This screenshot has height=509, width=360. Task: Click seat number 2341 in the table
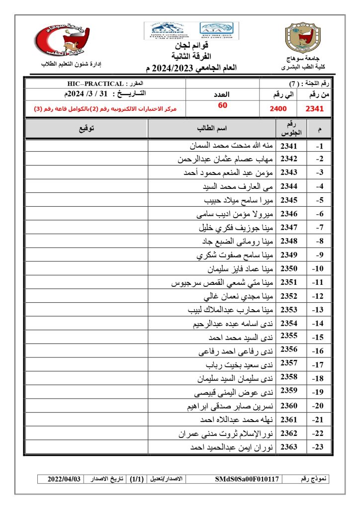coord(289,146)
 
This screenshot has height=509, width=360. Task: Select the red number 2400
coord(278,108)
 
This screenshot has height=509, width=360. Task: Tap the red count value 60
coord(222,105)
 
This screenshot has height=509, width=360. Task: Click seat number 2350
coord(289,269)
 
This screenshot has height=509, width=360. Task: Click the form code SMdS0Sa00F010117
coord(247,479)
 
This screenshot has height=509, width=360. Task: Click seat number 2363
coord(289,447)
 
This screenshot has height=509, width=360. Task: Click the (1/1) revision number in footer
coord(135,479)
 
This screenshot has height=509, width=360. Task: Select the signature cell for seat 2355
coord(86,338)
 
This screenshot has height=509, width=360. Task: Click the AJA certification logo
coord(218,31)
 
